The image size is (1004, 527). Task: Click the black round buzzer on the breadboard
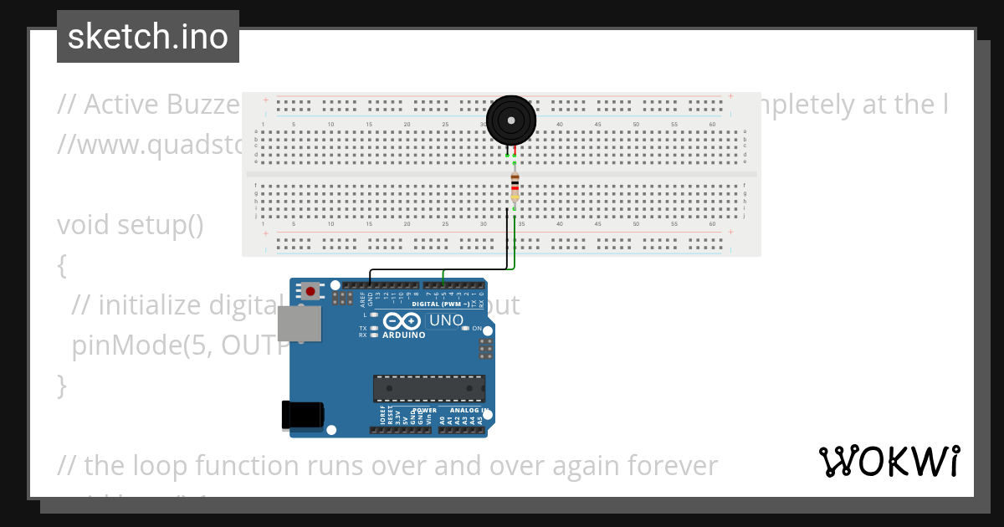click(511, 121)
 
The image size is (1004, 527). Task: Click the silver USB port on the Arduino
click(300, 323)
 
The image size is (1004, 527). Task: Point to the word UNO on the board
click(447, 320)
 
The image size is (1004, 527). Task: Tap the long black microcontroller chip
click(428, 388)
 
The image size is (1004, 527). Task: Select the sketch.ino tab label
click(148, 37)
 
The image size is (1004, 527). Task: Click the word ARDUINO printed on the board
click(404, 335)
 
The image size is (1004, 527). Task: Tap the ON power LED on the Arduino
click(466, 329)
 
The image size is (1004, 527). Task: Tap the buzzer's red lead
click(515, 151)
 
